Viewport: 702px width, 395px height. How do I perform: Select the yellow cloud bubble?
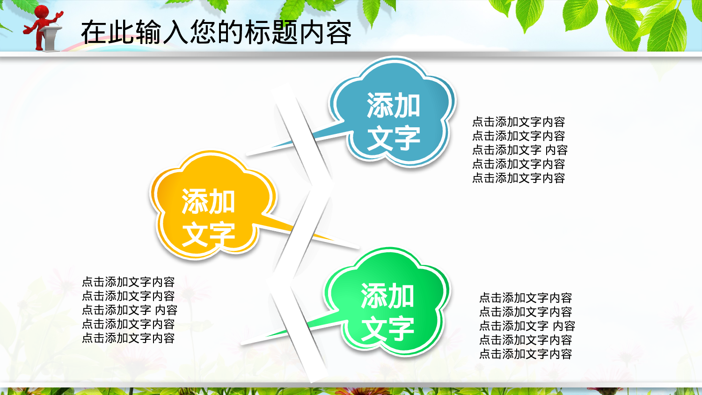pos(211,206)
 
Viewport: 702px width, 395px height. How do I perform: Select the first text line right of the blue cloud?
pos(519,122)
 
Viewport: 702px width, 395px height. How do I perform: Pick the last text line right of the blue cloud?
pos(519,178)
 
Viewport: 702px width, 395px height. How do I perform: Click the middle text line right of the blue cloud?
pos(519,150)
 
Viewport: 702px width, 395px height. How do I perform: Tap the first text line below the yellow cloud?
pos(128,282)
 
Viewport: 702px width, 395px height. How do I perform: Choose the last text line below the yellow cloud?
pos(128,338)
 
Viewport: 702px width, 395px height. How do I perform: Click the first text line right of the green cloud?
pos(526,298)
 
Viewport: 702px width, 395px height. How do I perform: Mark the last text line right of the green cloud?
pos(526,354)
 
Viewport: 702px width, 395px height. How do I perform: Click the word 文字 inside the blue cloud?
pos(393,139)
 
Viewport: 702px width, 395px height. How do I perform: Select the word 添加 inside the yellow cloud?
pos(208,202)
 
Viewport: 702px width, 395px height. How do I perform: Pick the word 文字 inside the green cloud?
pos(388,329)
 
